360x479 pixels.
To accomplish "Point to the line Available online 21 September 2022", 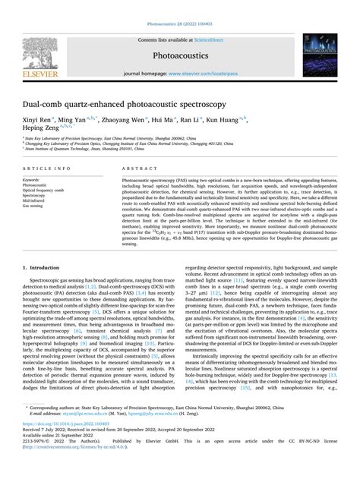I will click(x=56, y=455).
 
